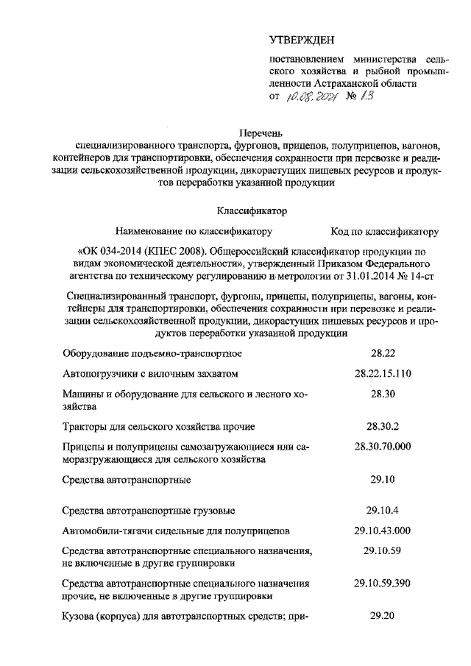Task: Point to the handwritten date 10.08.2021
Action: click(313, 96)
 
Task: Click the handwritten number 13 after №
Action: click(369, 96)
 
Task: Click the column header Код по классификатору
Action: click(385, 231)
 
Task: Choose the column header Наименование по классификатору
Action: click(194, 231)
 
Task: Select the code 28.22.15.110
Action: click(382, 374)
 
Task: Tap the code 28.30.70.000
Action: click(382, 447)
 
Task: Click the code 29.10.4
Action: click(382, 509)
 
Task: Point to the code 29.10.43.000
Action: click(382, 530)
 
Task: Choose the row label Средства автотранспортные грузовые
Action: click(149, 510)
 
